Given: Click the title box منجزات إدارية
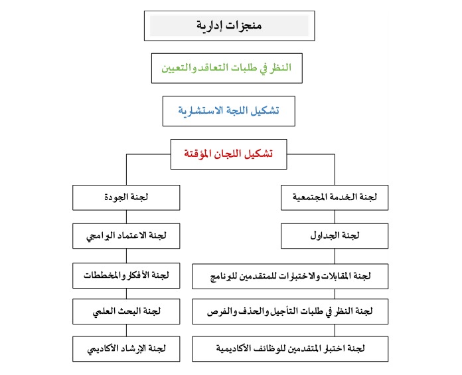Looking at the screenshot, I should click(229, 26).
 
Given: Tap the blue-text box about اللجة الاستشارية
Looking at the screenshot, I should click(228, 111).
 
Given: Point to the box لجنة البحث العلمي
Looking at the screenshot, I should click(126, 311).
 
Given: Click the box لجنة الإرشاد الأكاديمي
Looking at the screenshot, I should click(126, 348).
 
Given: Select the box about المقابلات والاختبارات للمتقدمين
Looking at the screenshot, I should click(290, 274).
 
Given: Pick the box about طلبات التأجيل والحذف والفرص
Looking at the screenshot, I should click(290, 311).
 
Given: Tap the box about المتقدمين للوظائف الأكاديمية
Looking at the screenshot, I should click(290, 348).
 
